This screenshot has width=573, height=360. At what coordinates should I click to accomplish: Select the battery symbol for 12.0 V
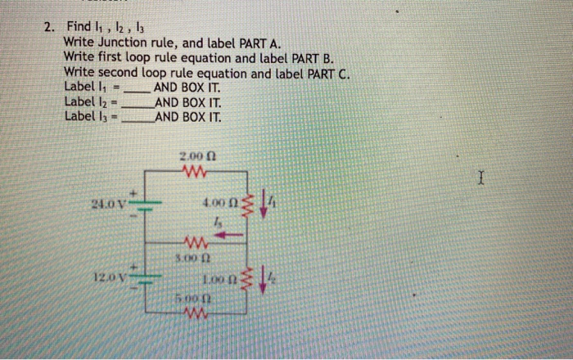pos(147,279)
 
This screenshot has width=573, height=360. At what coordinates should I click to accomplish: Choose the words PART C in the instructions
pos(327,73)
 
